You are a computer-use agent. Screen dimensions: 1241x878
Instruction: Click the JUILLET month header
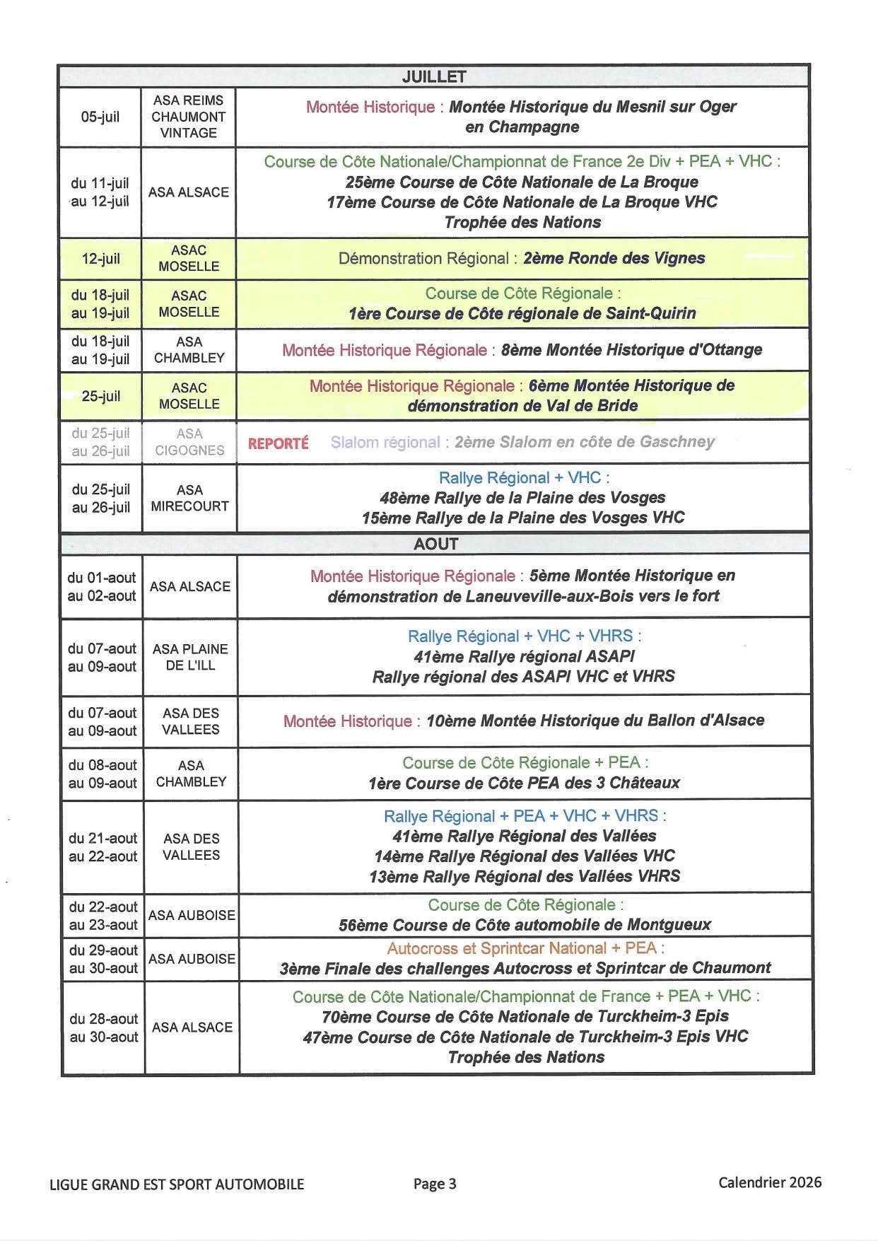click(433, 76)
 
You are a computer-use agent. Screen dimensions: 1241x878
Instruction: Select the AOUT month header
click(435, 544)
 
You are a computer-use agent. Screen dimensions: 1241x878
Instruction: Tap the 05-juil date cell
click(100, 117)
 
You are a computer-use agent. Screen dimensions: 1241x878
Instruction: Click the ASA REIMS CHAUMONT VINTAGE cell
click(188, 117)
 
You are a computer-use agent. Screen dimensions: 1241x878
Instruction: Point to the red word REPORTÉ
click(278, 443)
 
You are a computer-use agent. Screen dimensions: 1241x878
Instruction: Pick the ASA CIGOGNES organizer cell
click(189, 442)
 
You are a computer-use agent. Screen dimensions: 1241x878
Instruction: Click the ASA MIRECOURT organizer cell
click(189, 498)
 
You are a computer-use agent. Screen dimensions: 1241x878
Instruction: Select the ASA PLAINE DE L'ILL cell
click(190, 657)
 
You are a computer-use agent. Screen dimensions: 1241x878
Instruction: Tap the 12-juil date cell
click(100, 259)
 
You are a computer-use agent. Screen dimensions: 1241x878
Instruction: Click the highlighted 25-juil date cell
click(100, 396)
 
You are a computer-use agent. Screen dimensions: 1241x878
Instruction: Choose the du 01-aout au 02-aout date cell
click(102, 587)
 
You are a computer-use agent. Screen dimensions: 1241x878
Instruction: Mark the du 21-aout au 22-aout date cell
click(103, 847)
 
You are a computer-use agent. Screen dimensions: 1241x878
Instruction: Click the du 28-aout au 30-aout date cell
click(104, 1027)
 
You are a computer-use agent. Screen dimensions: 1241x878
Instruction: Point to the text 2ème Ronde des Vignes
click(614, 258)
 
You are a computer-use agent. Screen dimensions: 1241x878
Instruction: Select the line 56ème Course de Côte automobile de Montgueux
click(525, 925)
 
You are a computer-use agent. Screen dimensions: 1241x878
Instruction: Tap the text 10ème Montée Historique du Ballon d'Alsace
click(595, 721)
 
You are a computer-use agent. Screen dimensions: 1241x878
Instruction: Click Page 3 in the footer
click(435, 1184)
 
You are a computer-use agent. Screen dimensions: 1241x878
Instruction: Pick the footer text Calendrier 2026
click(770, 1182)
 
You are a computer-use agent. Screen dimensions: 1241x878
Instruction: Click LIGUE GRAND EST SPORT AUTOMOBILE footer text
click(177, 1184)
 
